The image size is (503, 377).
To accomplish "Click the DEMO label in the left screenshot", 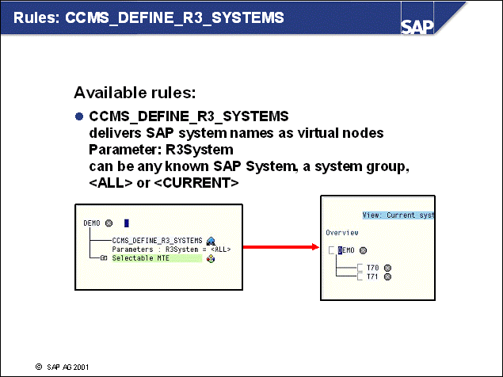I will coord(92,223).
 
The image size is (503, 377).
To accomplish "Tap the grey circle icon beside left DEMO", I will coord(109,223).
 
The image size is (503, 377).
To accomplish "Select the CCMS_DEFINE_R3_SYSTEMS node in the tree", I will coord(158,240).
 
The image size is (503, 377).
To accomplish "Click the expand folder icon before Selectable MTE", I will coord(104,258).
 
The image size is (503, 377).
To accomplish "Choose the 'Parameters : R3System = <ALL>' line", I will coord(170,249).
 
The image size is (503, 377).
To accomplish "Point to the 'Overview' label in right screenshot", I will coord(342,233).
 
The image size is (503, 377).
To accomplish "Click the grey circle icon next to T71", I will coord(387,276).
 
